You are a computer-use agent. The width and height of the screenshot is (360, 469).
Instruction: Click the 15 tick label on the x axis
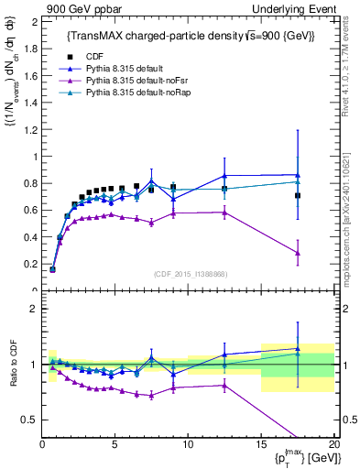tap(261, 445)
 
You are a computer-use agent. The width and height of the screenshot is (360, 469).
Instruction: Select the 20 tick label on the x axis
tap(334, 445)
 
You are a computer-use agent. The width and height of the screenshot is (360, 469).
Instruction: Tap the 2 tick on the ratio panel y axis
tap(34, 309)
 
